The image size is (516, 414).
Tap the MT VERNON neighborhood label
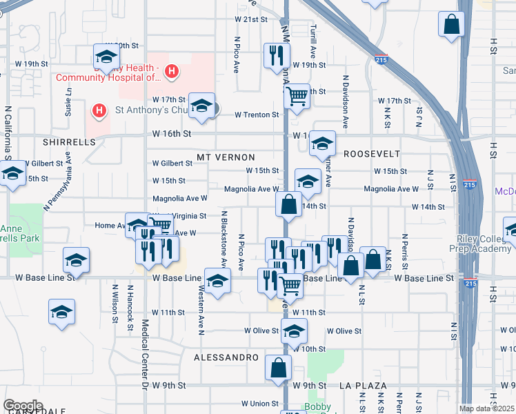[226, 157]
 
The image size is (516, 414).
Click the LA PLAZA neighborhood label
[363, 385]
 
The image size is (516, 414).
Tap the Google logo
[23, 406]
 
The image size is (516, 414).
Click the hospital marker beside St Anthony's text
[99, 110]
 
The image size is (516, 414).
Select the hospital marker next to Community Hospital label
[172, 71]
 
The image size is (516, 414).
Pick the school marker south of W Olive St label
[294, 331]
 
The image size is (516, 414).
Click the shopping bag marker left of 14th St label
[288, 204]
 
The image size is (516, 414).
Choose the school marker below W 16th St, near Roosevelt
[322, 144]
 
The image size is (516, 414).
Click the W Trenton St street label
[256, 115]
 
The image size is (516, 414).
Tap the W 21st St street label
[250, 20]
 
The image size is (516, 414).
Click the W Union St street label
[259, 404]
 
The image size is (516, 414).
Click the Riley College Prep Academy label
[484, 244]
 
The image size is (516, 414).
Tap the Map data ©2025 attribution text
[486, 408]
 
